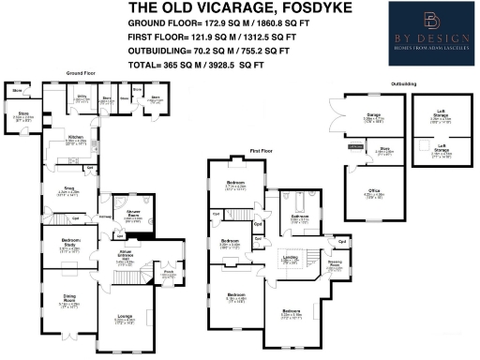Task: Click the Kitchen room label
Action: coord(76,139)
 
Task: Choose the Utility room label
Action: coord(82,97)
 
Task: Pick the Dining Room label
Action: coord(64,304)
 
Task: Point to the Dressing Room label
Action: coord(335,265)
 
